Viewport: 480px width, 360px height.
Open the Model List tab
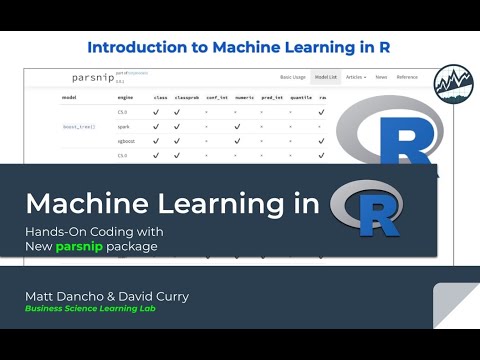[326, 77]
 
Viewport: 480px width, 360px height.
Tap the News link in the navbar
[381, 77]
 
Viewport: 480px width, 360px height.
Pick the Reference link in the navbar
[407, 77]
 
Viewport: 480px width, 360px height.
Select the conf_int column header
[216, 98]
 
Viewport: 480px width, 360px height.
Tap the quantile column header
[300, 98]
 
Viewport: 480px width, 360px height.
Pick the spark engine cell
[122, 127]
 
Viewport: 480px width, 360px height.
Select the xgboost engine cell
[125, 141]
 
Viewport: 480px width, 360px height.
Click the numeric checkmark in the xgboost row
[236, 141]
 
